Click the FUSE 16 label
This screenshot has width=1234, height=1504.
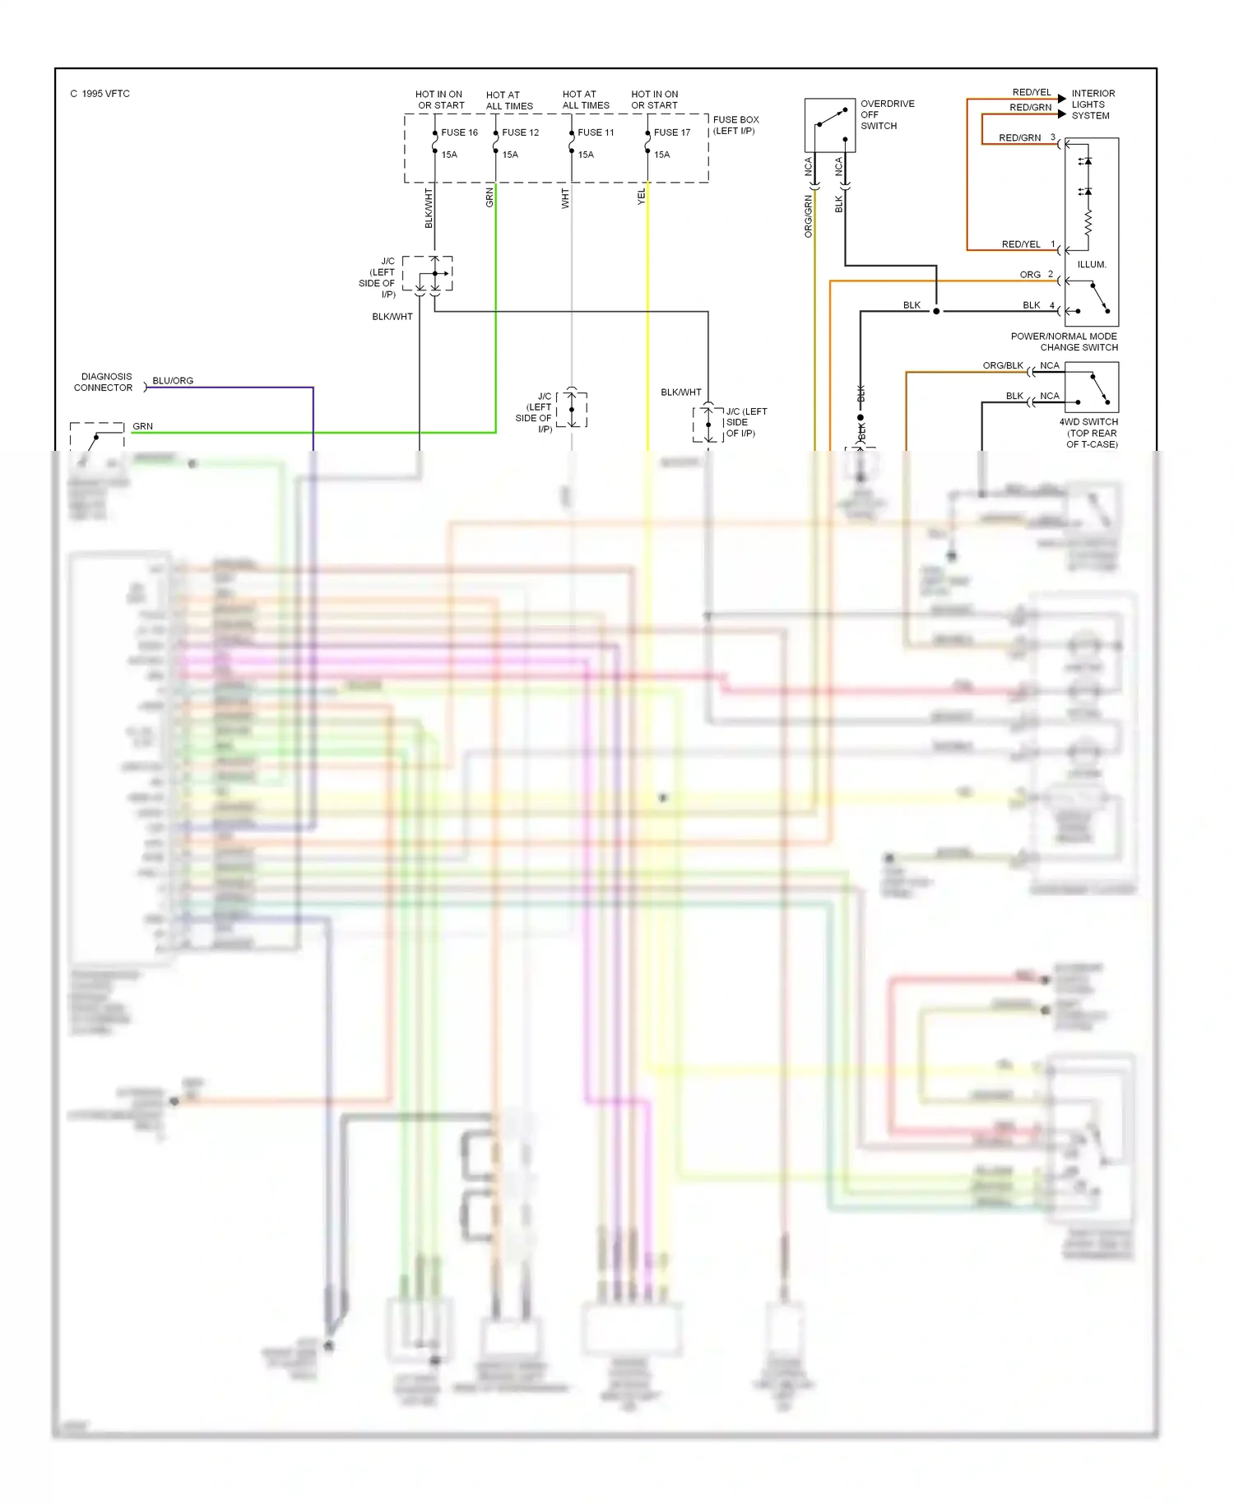(459, 132)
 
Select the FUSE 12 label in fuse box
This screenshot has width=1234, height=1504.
(520, 132)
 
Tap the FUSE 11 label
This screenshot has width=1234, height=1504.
(596, 132)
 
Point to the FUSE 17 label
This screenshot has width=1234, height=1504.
(671, 132)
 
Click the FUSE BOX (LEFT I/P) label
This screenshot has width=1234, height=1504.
(735, 125)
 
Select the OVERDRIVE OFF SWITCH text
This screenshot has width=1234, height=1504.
(886, 115)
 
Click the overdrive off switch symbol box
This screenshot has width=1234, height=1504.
(829, 125)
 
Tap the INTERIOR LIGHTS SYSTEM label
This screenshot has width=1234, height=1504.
(1093, 104)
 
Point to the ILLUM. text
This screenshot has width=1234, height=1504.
(1092, 265)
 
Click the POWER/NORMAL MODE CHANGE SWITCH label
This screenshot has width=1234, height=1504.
(1064, 341)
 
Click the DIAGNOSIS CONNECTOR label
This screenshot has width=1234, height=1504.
(104, 382)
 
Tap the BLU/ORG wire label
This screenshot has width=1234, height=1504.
(173, 381)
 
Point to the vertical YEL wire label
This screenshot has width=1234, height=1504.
(642, 197)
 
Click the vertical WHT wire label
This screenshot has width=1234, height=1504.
(565, 198)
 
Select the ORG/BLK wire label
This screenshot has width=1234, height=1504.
(1002, 365)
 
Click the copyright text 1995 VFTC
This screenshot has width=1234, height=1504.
(100, 94)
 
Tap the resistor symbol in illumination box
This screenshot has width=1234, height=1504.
(1088, 222)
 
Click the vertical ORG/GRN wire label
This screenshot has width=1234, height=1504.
(808, 216)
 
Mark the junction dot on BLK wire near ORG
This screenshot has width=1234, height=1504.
(936, 311)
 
